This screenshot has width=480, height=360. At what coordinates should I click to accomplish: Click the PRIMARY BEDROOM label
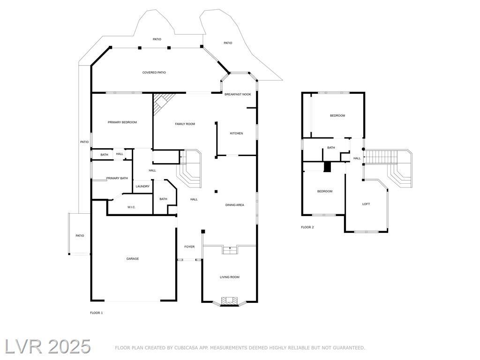point(122,122)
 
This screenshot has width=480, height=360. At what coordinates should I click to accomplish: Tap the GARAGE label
point(133,259)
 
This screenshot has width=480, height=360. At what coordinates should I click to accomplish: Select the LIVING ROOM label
point(230,277)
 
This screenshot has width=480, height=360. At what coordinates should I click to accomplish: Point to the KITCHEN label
point(236,134)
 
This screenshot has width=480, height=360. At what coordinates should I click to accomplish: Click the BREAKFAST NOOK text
point(238,95)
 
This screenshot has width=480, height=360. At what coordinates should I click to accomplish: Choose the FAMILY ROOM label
point(185,124)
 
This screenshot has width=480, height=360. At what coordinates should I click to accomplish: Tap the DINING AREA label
point(235,205)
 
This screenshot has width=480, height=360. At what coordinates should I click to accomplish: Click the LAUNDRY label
point(142,187)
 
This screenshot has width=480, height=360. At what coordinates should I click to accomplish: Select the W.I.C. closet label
point(131,208)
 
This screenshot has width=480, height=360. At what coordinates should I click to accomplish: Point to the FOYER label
point(189,247)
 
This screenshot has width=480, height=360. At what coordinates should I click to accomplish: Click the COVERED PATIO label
point(154,73)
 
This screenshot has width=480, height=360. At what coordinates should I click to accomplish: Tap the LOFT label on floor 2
point(366,204)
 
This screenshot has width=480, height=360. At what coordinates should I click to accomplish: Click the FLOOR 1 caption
point(97,313)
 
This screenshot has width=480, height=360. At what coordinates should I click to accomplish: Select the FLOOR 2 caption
point(307,227)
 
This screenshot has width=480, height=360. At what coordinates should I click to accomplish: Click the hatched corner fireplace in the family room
point(162,103)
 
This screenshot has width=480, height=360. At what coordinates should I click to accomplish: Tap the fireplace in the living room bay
point(230,301)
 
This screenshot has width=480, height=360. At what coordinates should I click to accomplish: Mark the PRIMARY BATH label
point(117,179)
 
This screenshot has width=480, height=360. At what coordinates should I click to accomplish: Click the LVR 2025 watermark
point(47,347)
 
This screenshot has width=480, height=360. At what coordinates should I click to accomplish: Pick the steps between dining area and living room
point(230,250)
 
